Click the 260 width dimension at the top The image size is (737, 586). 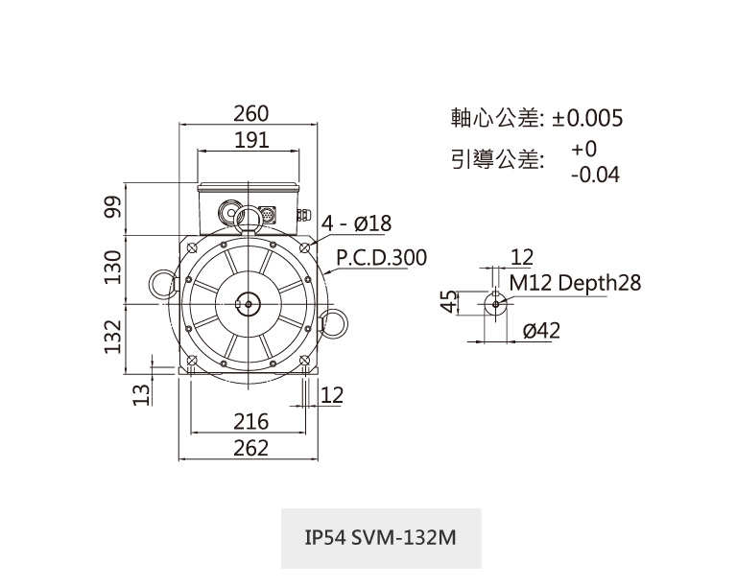pos(251,113)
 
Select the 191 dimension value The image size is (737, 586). pos(251,140)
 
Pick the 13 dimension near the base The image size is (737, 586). pos(140,393)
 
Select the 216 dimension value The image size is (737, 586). pos(251,421)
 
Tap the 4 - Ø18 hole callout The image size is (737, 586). pos(357,223)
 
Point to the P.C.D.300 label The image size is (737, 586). pos(381,259)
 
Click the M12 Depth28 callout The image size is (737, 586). pos(575,283)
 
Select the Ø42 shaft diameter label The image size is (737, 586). pos(541,331)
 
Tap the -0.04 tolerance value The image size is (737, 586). pos(594,176)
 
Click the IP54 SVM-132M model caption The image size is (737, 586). pos(380,539)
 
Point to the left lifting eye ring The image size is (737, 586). pos(158,284)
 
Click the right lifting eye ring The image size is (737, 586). pos(337,321)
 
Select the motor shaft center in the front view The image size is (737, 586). pos(249,303)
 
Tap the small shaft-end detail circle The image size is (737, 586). pos(495,303)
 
